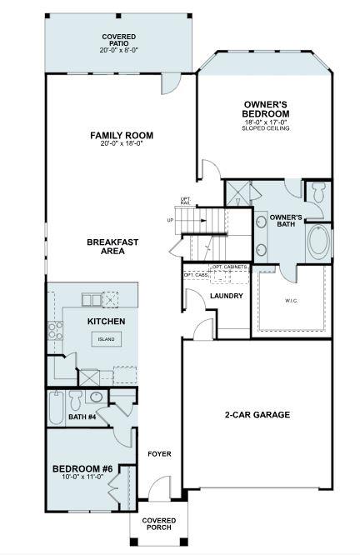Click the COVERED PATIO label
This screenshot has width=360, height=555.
(119, 42)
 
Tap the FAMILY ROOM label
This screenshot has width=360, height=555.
(122, 138)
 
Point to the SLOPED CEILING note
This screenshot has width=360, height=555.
(266, 129)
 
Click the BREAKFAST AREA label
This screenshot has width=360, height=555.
(112, 247)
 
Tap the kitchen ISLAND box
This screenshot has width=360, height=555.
(107, 339)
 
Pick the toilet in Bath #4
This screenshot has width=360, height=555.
(75, 397)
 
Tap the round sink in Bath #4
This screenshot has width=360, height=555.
(95, 397)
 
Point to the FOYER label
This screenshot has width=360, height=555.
(159, 454)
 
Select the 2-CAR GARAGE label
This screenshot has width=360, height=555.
(257, 415)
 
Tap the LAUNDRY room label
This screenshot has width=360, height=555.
(226, 296)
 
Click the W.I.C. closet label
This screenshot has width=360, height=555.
(292, 301)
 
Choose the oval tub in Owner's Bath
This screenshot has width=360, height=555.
(318, 241)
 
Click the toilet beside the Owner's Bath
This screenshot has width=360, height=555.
(317, 193)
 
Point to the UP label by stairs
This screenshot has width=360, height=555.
(171, 221)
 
